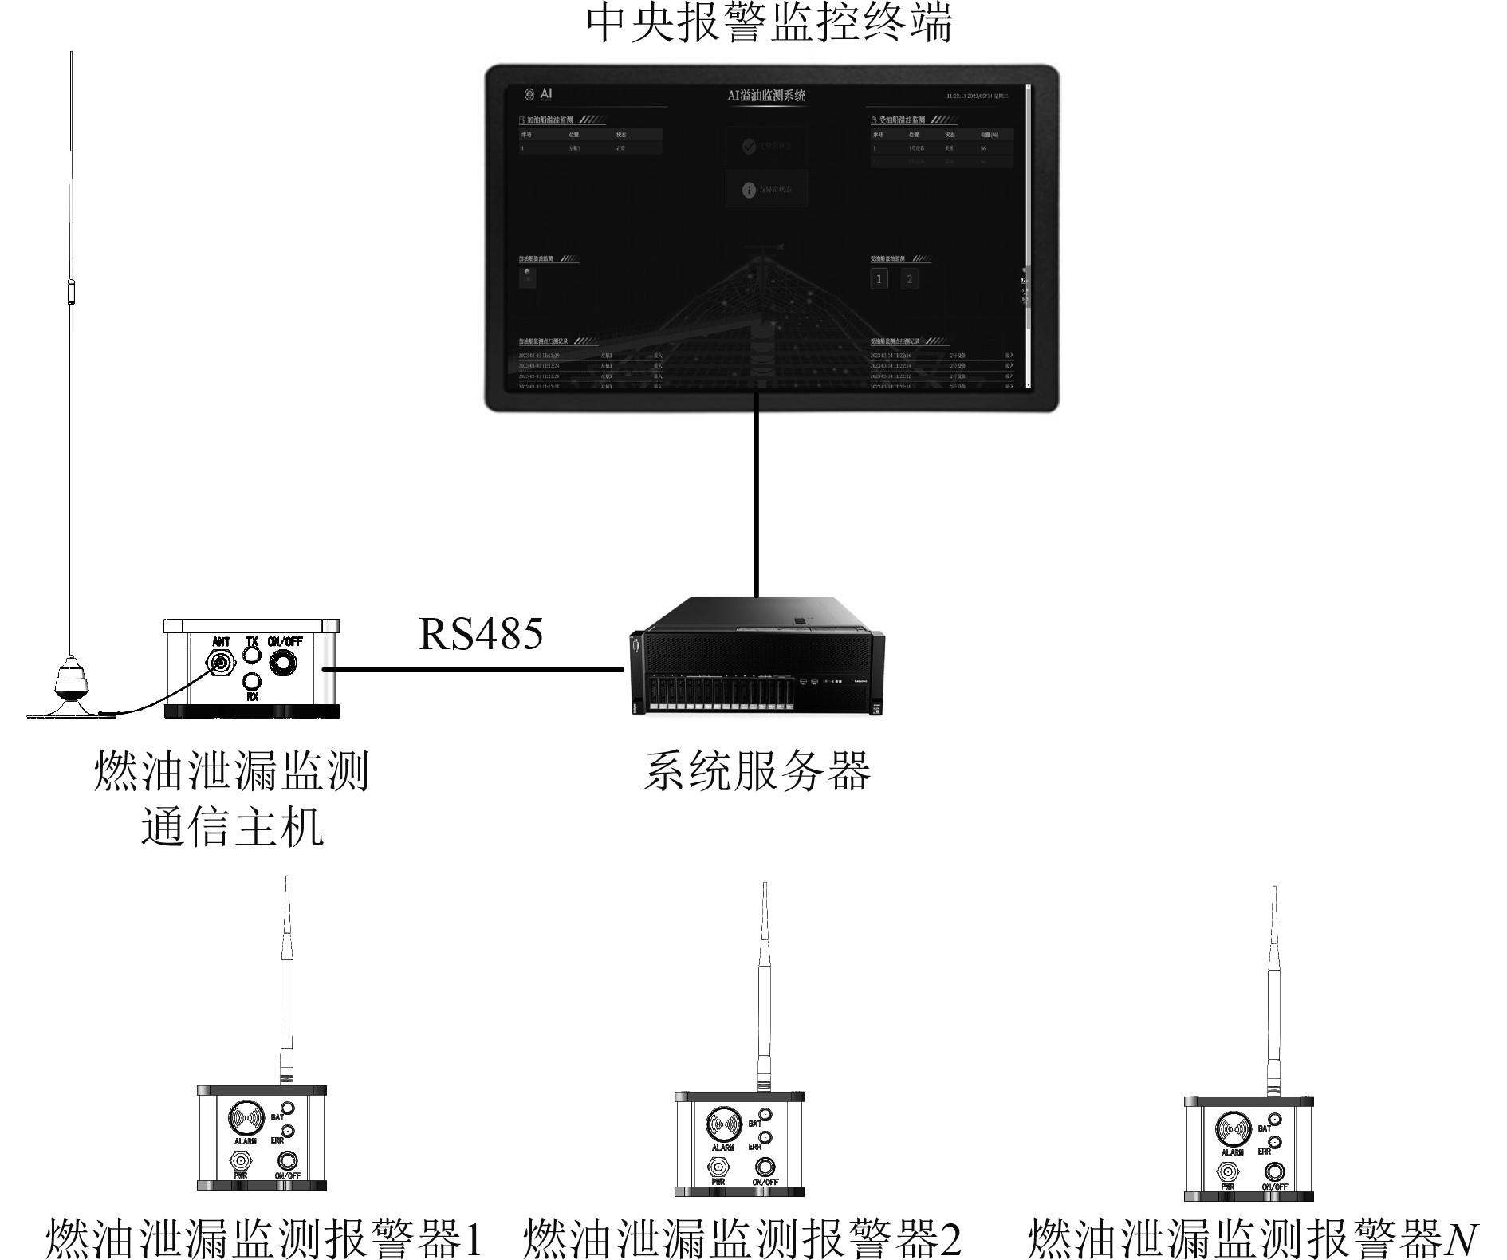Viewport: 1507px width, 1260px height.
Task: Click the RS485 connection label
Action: pos(481,635)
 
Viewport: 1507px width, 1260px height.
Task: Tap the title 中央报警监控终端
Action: pos(769,24)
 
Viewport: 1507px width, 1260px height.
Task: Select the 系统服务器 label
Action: pos(756,771)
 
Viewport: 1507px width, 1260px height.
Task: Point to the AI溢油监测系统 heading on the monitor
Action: pos(766,96)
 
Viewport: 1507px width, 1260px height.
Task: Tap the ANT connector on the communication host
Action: pos(220,660)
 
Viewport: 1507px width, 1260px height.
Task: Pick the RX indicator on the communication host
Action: pos(252,682)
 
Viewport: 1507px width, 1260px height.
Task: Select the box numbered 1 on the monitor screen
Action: pos(879,278)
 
